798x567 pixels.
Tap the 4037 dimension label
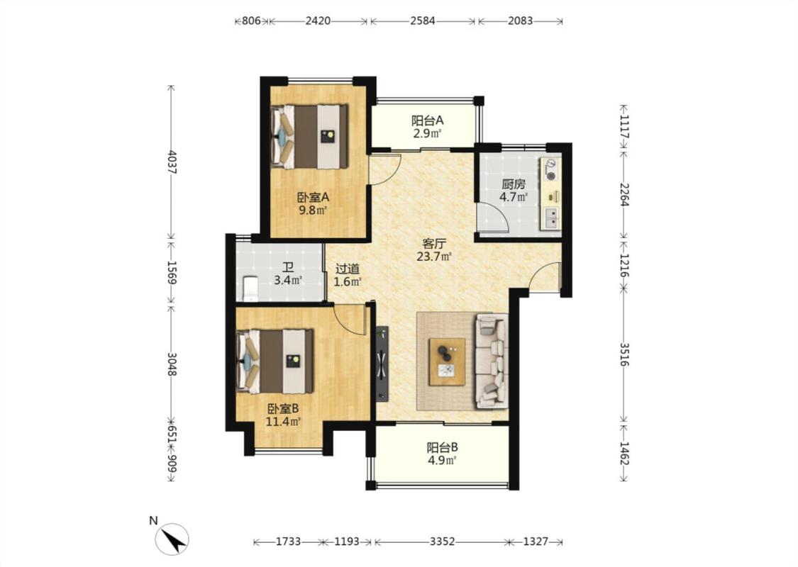click(x=172, y=162)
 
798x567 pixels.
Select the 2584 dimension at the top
click(x=423, y=21)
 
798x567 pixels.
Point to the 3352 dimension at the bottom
click(x=442, y=541)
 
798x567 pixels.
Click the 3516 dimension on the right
click(x=624, y=354)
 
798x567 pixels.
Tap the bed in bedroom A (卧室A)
click(x=309, y=136)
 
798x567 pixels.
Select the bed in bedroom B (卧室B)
click(x=275, y=361)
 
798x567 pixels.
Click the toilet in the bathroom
click(x=250, y=288)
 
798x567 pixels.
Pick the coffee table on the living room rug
click(x=447, y=361)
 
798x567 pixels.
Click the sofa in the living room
click(x=492, y=361)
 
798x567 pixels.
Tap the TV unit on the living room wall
click(x=382, y=364)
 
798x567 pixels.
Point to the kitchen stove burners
click(x=550, y=170)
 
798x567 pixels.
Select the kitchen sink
click(x=551, y=218)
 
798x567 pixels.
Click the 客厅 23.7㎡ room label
click(x=434, y=249)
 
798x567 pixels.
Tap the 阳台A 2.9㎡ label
click(x=428, y=127)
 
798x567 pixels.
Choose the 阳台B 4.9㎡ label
click(x=442, y=454)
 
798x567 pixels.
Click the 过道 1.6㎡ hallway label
click(x=348, y=274)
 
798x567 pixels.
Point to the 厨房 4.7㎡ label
click(x=513, y=190)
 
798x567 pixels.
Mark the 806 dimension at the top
click(x=251, y=21)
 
